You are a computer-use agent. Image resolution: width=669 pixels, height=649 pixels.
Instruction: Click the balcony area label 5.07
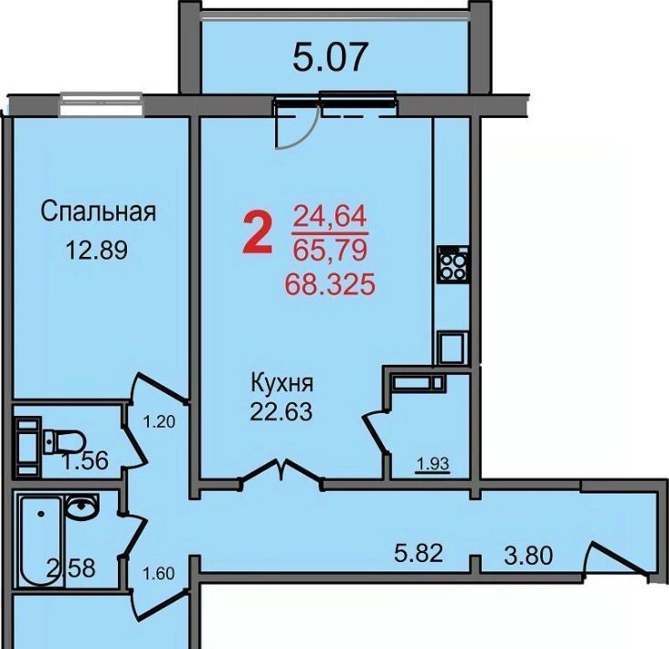coord(330,57)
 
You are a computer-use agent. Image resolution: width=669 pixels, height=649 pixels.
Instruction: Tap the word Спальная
coord(99,211)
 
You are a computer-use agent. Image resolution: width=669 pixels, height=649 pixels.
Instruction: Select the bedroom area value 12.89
coord(97,250)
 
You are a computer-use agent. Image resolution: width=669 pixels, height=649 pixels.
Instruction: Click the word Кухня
coord(282,383)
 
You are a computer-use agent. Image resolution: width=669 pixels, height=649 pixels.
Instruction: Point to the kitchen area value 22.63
coord(281,411)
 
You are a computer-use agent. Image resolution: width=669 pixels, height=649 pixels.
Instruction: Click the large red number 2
coord(258,234)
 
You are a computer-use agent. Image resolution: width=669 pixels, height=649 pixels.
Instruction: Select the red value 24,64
coord(330,217)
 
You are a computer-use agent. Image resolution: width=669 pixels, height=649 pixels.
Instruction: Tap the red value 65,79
coord(330,250)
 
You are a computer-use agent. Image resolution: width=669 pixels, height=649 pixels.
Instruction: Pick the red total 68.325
coord(330,284)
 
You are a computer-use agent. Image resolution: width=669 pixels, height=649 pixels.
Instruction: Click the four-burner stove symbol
coord(452,264)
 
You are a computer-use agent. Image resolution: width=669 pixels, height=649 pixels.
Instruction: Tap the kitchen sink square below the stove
coord(451,347)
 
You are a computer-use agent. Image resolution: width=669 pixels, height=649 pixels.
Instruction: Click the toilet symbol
coord(63,442)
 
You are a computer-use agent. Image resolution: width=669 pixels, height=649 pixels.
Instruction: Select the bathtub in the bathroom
coord(41,540)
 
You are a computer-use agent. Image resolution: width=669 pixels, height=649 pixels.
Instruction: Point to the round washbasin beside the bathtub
coord(82,507)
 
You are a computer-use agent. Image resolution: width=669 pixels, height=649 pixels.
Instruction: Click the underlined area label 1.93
coord(433,463)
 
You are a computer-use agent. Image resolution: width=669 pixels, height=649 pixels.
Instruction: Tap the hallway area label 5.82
coord(419,553)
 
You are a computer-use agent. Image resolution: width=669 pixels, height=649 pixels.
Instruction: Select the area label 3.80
coord(528,556)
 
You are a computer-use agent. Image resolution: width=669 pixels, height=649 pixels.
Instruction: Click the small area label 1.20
coord(159,422)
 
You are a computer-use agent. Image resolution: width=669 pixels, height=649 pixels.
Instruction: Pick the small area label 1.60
coord(158,573)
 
